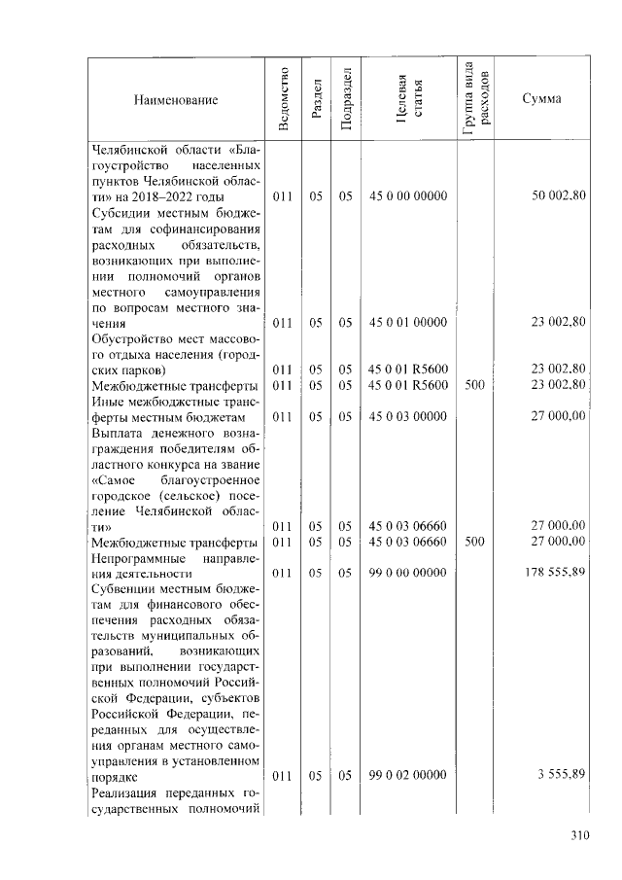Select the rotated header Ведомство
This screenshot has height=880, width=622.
(x=283, y=98)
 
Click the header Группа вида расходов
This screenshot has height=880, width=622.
(x=476, y=99)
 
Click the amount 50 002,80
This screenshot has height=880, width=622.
(x=559, y=196)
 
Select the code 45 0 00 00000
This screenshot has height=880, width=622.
(x=408, y=196)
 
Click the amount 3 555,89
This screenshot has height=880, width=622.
(x=562, y=776)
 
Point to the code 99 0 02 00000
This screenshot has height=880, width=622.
(x=408, y=776)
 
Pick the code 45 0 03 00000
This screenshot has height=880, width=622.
(x=408, y=416)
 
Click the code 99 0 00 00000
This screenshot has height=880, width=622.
(x=408, y=573)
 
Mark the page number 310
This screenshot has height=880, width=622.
(x=580, y=834)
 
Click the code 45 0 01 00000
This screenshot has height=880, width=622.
(x=408, y=322)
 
